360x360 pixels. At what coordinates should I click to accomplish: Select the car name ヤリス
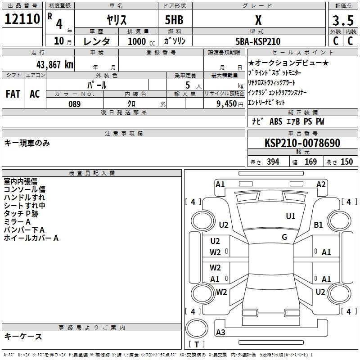[x=116, y=20]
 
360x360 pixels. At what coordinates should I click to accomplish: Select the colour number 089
[x=74, y=104]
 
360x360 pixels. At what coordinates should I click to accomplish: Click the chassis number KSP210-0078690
[x=302, y=143]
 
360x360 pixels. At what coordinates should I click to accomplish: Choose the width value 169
[x=310, y=162]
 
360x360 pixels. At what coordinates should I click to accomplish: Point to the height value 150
[x=346, y=162]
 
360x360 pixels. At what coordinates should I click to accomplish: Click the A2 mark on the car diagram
[x=321, y=184]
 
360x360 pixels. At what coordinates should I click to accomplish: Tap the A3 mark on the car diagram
[x=220, y=333]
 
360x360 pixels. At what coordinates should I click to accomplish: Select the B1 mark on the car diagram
[x=319, y=225]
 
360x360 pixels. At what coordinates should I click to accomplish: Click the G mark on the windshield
[x=284, y=237]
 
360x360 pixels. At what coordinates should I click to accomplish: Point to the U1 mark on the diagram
[x=291, y=216]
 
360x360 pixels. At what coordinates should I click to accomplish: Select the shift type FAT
[x=13, y=94]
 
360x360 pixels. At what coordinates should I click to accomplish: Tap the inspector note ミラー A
[x=17, y=222]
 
